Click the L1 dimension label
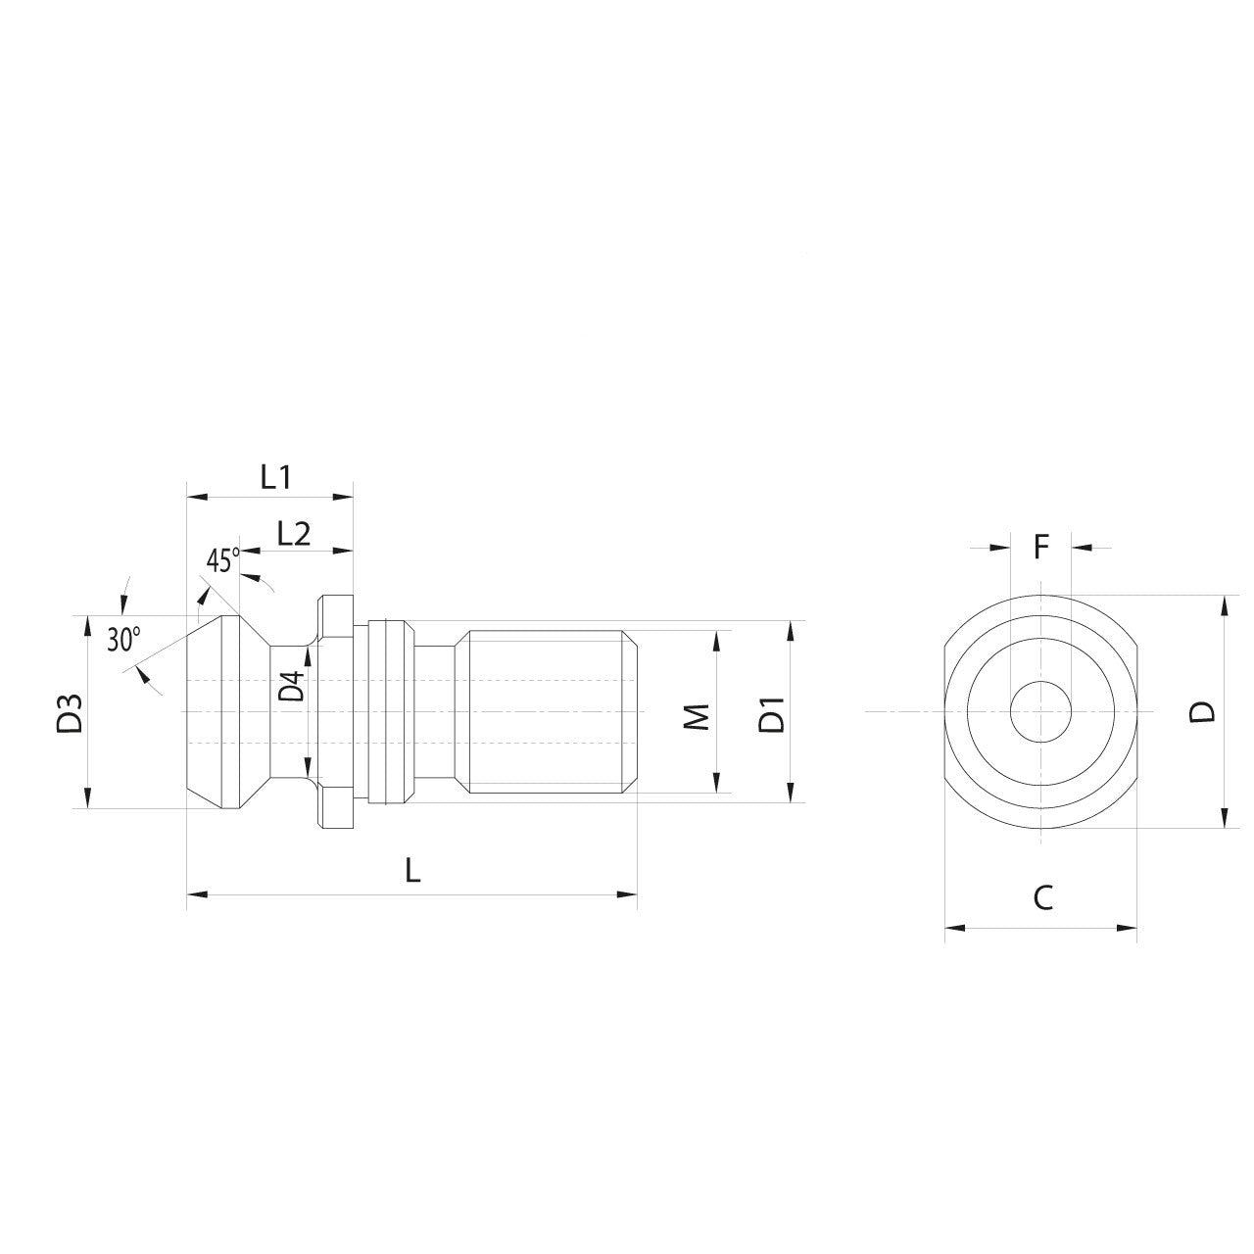point(276,477)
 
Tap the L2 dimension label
point(294,534)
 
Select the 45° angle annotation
point(222,560)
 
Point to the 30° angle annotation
point(123,640)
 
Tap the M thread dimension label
point(697,715)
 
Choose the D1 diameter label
point(773,714)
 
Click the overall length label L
point(413,870)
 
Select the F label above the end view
point(1041,547)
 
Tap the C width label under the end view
point(1043,897)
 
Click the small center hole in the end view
point(1040,711)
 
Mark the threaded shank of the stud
point(549,711)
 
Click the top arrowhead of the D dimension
point(1224,603)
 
